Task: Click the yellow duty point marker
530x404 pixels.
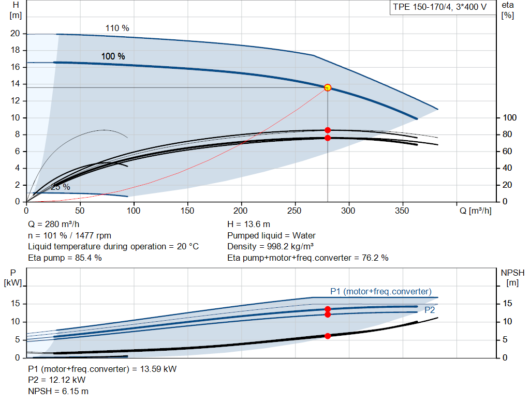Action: point(328,88)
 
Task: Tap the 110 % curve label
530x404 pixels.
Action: point(117,28)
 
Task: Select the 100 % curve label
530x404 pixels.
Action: point(113,56)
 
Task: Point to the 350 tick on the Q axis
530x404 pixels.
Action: point(402,211)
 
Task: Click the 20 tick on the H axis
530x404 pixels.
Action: point(15,34)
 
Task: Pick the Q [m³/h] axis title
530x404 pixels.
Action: point(476,211)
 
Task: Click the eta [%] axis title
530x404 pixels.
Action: point(508,10)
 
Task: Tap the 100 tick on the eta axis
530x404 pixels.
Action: point(510,117)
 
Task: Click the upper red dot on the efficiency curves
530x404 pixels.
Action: point(328,130)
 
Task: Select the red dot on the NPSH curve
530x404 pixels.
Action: point(328,336)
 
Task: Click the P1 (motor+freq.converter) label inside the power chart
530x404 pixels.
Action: point(381,292)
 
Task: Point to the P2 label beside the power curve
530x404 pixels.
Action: point(430,310)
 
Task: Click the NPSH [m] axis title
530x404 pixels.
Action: point(512,278)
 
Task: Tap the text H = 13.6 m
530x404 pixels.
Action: point(249,225)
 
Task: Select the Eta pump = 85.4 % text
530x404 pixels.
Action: point(65,258)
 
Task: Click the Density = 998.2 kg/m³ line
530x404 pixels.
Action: point(270,247)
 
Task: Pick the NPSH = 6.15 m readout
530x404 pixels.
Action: point(58,392)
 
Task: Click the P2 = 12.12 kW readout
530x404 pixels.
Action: point(57,380)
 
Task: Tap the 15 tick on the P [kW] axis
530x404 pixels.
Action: point(15,303)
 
